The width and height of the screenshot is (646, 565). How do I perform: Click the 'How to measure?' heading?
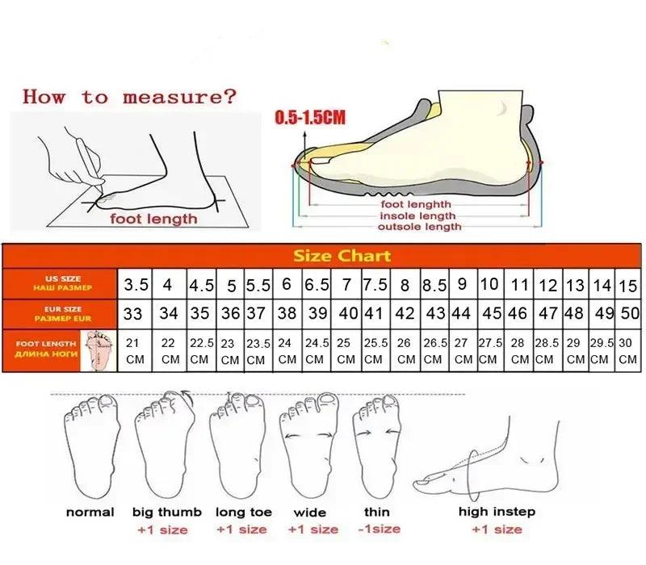(130, 98)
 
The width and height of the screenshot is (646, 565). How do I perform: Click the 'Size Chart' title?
(342, 256)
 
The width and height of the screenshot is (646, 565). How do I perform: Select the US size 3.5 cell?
(136, 285)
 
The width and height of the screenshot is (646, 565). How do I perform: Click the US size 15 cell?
(628, 285)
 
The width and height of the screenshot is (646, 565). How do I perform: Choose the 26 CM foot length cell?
(405, 350)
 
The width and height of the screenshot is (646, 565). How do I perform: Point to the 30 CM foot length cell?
(628, 350)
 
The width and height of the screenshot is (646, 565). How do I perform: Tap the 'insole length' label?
(418, 216)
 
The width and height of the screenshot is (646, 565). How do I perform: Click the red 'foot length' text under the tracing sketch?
(153, 218)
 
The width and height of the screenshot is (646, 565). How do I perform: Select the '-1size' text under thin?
(377, 529)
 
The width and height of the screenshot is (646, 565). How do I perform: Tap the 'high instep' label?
(497, 511)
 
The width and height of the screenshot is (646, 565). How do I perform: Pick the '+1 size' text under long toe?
(241, 529)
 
